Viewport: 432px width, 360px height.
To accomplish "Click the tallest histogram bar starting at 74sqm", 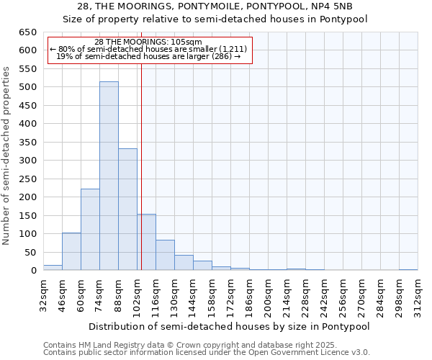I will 109,176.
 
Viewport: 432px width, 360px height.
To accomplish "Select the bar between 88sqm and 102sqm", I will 127,210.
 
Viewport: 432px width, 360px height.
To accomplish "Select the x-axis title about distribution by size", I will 229,326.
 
